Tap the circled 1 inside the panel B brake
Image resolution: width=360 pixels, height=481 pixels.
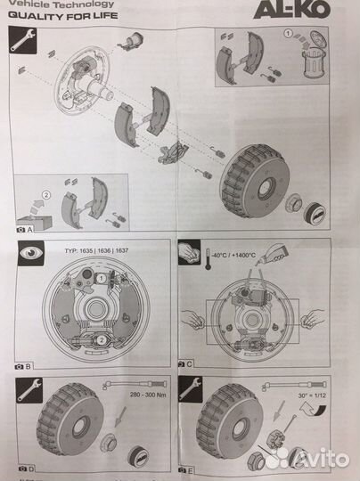pos(102,278)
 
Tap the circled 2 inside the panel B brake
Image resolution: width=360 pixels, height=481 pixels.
pos(101,339)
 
